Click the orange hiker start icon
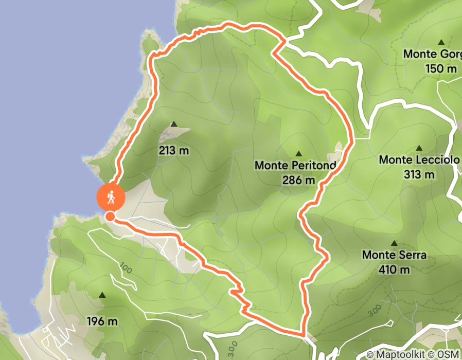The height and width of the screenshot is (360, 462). (111, 196)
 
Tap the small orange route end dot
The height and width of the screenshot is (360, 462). (110, 217)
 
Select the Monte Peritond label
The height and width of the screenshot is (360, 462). (295, 166)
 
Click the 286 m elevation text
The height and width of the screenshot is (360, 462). (298, 180)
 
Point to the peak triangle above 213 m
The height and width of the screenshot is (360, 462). (174, 124)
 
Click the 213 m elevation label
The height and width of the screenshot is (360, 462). (173, 151)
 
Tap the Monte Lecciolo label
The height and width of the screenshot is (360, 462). (419, 160)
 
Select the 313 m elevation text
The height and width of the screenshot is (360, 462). (419, 174)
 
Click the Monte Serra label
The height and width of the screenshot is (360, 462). (395, 255)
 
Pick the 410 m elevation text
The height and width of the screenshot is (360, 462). (395, 269)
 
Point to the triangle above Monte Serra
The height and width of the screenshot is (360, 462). (395, 243)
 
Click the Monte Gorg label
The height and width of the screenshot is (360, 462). (432, 54)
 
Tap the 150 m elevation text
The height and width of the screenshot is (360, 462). (441, 68)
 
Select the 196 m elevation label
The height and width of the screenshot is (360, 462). (102, 322)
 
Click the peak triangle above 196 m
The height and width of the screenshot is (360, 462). (102, 295)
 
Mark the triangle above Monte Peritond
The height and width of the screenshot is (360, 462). (298, 154)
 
